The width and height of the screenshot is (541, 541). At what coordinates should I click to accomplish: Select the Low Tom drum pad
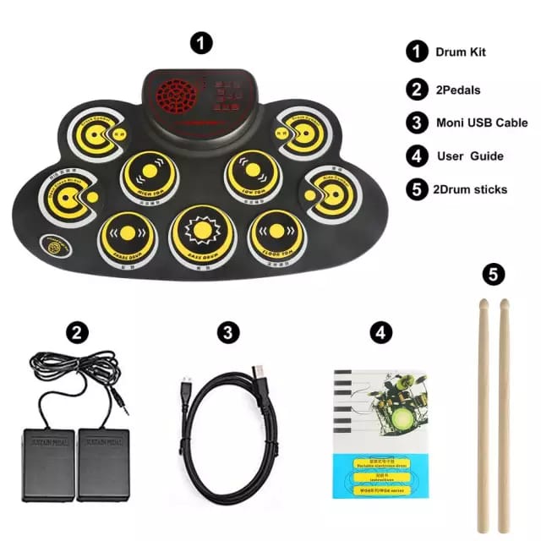pos(252,173)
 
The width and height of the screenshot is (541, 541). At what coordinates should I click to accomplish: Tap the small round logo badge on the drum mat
pos(56,249)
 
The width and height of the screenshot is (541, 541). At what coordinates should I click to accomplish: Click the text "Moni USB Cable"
pos(481,122)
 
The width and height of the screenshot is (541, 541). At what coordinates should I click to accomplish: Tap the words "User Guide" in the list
pos(470,156)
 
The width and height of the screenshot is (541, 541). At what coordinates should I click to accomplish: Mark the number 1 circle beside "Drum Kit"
pos(417,52)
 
